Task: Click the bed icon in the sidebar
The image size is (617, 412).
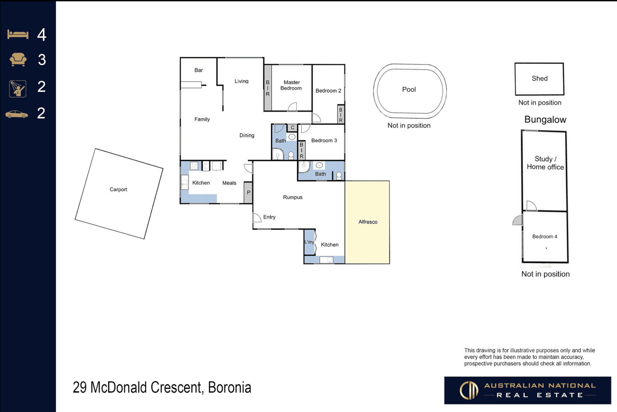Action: [18, 34]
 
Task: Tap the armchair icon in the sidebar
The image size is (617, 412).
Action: [18, 59]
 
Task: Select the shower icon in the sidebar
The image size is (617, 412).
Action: [18, 88]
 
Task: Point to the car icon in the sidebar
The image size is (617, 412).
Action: [17, 114]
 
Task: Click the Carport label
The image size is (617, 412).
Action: [118, 190]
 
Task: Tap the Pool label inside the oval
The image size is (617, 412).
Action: [409, 89]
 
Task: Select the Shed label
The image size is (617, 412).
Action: [540, 78]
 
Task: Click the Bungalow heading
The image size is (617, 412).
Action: [545, 120]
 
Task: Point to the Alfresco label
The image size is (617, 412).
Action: [368, 222]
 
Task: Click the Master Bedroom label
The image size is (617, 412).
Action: [291, 85]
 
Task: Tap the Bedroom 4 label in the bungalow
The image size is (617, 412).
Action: [545, 237]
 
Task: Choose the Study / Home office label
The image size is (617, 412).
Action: [545, 163]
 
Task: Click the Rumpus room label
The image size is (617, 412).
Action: [293, 197]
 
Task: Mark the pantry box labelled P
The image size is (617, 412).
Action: [248, 193]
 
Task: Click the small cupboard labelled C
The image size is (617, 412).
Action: [292, 128]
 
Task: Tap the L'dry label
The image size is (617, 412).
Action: [309, 242]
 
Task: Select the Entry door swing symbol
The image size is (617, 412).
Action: [257, 218]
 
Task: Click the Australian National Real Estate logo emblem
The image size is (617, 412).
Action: [469, 390]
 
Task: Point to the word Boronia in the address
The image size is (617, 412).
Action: [229, 387]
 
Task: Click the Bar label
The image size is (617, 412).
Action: [199, 70]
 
